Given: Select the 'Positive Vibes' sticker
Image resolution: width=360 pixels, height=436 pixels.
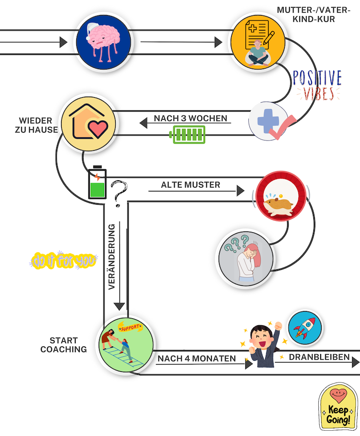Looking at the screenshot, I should (x=317, y=86).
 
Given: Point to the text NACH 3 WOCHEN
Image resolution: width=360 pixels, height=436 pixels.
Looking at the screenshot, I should (x=190, y=118).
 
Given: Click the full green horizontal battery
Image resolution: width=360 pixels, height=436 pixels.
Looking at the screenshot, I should (x=188, y=135).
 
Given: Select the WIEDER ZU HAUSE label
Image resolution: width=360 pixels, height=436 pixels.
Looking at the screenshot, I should (x=39, y=125).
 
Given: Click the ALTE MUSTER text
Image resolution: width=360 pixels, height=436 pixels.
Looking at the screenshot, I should (x=190, y=185).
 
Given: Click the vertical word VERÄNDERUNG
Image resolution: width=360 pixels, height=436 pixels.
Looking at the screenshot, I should (x=112, y=257).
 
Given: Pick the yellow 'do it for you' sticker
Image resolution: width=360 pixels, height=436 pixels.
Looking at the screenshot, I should (x=63, y=261).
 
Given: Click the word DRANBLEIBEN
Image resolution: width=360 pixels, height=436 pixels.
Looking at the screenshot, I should (x=319, y=357).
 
